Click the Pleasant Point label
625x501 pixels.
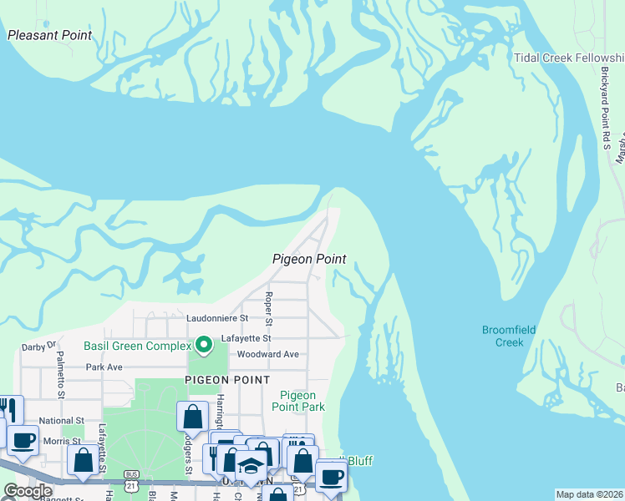click(x=49, y=35)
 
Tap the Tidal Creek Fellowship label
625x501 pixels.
click(x=568, y=58)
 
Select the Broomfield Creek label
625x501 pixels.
click(x=508, y=336)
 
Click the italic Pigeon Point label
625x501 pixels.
click(x=309, y=260)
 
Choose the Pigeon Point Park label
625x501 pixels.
click(x=298, y=401)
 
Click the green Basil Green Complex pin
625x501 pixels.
click(x=201, y=343)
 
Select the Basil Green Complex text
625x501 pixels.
click(x=137, y=346)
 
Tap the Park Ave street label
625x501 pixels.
click(x=104, y=367)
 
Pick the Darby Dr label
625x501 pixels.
click(x=38, y=345)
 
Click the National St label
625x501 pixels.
click(x=62, y=421)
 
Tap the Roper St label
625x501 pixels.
click(x=268, y=309)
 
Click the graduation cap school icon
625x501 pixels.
click(x=251, y=464)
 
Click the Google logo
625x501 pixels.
click(x=27, y=491)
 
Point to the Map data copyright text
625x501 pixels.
click(x=589, y=494)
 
